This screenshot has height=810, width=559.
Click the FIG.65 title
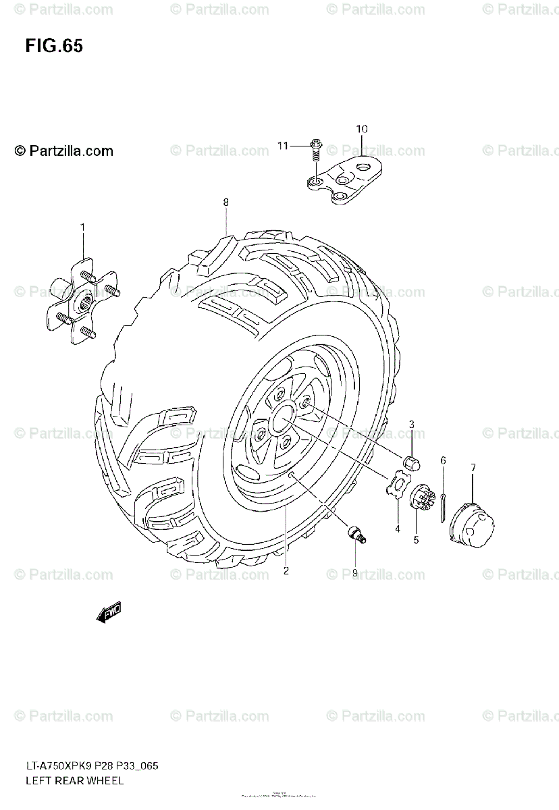coord(54,46)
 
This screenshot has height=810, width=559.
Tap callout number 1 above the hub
coord(83,227)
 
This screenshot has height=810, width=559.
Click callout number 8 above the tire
coord(226,202)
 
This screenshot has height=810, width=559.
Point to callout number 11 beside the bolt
coord(282,145)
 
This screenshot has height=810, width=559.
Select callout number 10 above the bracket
coord(361,128)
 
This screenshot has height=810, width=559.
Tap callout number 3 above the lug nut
coord(411,424)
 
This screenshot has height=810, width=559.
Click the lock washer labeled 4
coord(398,485)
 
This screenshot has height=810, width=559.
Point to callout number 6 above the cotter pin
coord(443,460)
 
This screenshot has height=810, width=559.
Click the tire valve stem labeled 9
coord(356,536)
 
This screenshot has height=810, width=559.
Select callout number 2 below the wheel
coord(286,570)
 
